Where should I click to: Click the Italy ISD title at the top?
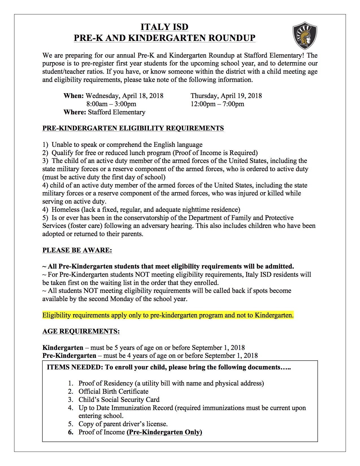(164, 27)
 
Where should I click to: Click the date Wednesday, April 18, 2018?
(125, 96)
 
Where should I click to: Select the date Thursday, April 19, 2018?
(226, 96)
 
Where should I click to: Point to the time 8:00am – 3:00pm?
(111, 104)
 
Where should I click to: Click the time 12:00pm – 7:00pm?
(217, 104)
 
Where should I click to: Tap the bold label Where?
(75, 112)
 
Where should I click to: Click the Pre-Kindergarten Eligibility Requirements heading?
(133, 128)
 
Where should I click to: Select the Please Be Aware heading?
(77, 250)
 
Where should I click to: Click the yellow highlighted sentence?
(168, 315)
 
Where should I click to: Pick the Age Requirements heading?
(81, 332)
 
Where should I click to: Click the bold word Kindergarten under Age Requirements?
(63, 348)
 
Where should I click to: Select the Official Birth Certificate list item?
(113, 391)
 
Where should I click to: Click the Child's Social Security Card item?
(119, 400)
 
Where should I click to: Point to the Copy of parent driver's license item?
(123, 424)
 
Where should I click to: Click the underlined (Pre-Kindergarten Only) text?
(164, 432)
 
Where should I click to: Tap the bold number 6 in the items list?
(71, 432)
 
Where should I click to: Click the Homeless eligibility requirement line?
(146, 210)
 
